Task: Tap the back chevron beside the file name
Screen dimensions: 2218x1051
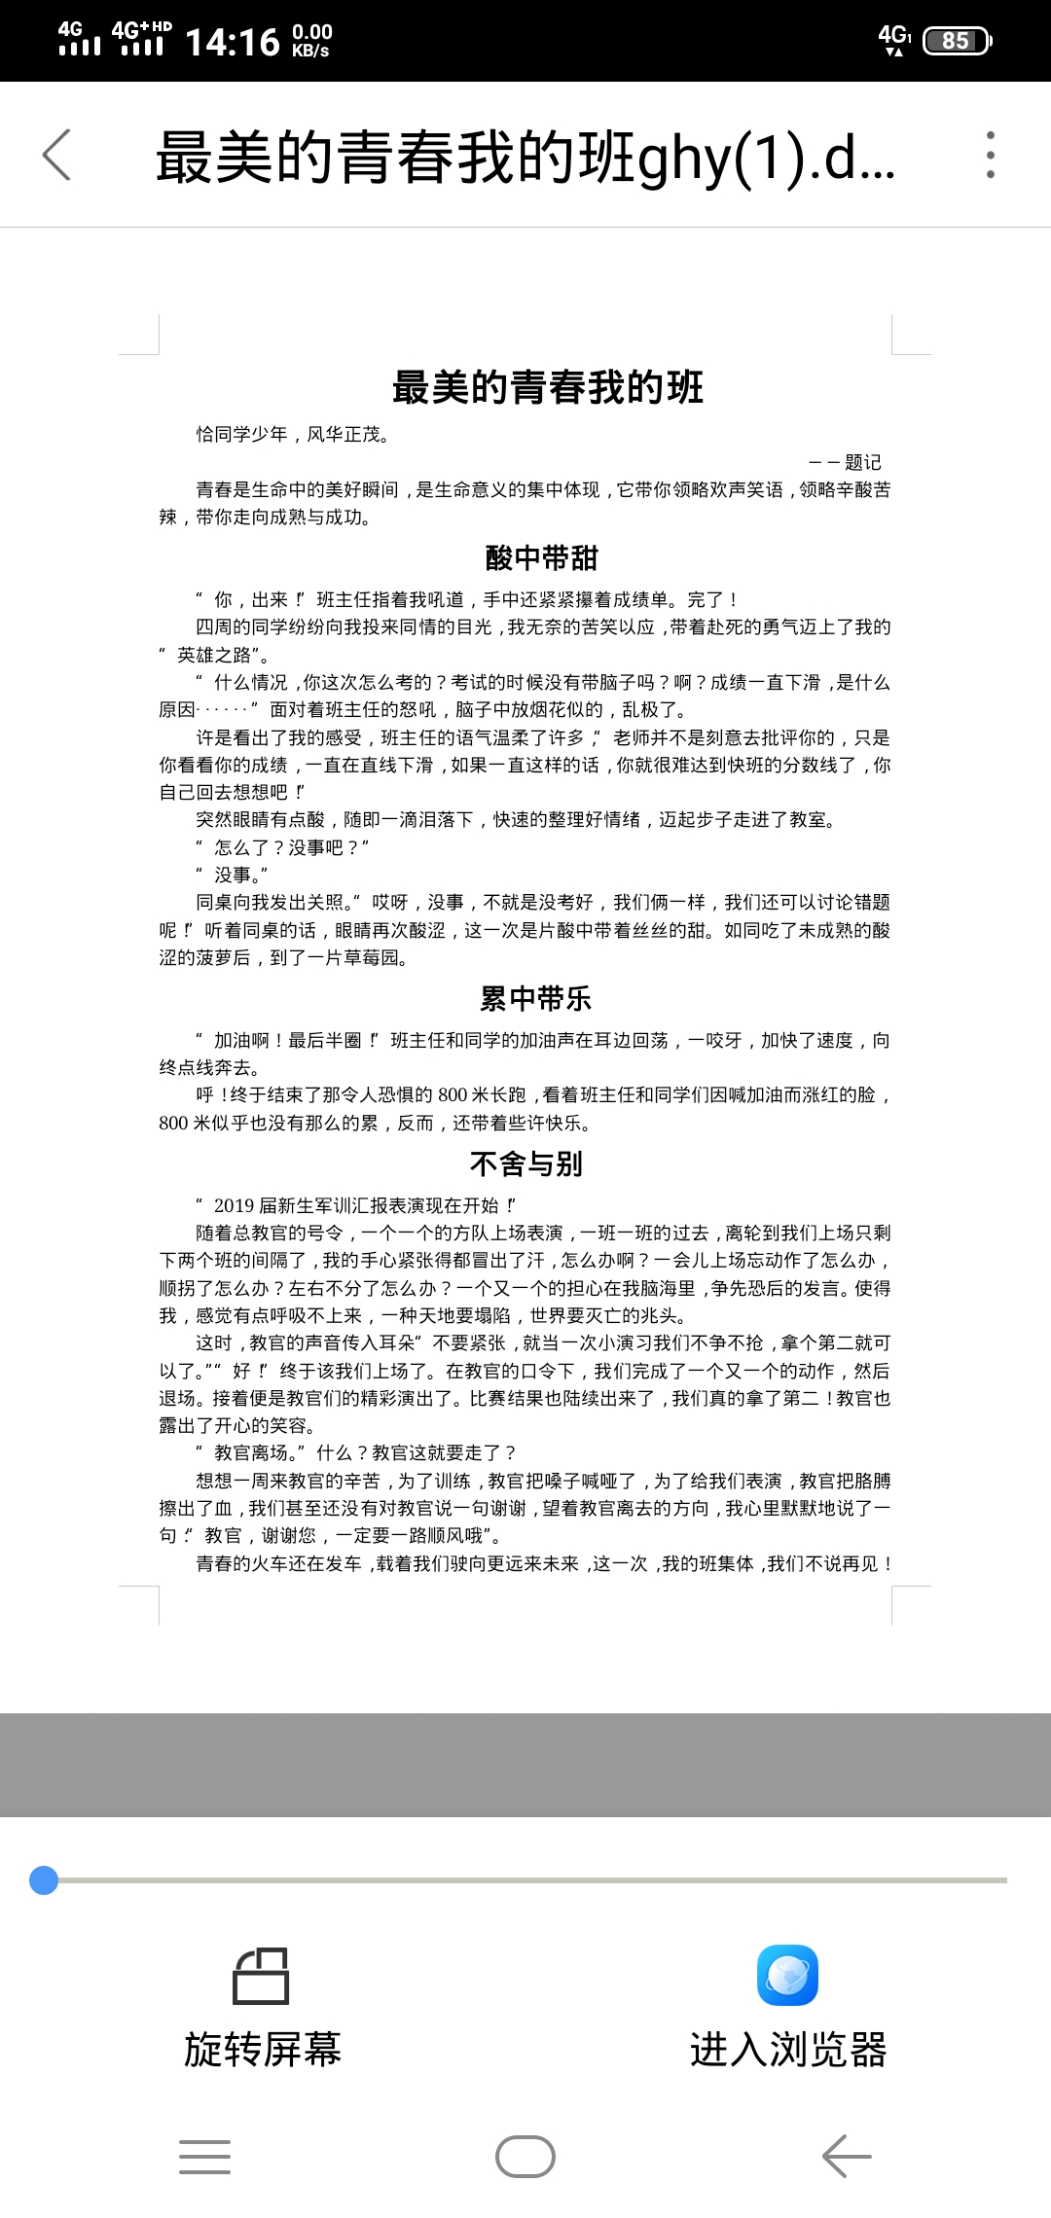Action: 56,155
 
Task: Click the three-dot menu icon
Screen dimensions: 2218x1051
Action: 990,155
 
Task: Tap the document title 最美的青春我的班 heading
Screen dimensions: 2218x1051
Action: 547,387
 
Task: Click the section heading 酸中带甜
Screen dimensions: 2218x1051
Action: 541,558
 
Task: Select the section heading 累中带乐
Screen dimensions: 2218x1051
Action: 535,998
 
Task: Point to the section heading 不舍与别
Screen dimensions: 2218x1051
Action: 525,1163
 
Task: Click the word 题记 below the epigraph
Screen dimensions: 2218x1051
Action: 862,462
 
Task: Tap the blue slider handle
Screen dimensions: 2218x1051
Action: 44,1880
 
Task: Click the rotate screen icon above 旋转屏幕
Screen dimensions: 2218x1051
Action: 261,1976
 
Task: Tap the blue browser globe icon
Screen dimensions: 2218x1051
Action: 787,1975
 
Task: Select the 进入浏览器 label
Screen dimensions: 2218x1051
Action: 788,2050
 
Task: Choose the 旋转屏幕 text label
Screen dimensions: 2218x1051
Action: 263,2050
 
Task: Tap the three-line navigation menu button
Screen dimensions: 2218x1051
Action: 204,2157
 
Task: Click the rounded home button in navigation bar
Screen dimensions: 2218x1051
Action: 525,2157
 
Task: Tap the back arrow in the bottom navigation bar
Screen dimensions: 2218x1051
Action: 847,2157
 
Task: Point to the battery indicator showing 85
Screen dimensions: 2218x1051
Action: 956,41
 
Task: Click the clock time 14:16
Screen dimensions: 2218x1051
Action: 232,42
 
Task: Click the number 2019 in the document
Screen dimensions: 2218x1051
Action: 234,1205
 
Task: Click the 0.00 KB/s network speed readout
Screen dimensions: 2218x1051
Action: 311,41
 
